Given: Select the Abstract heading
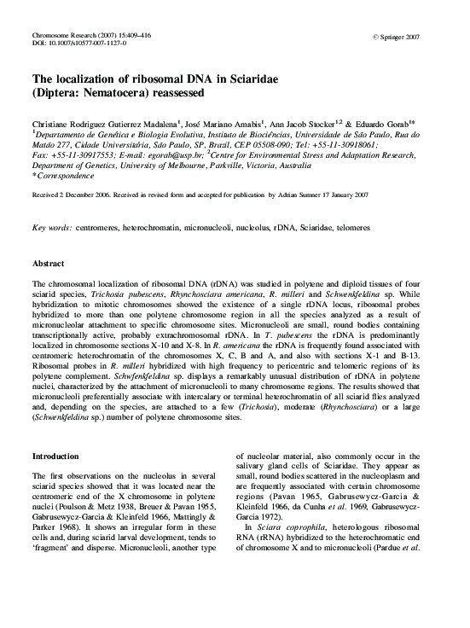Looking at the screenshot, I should pyautogui.click(x=49, y=264).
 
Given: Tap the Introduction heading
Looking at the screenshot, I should pyautogui.click(x=58, y=456).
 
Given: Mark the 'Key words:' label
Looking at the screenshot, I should pyautogui.click(x=51, y=230).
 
